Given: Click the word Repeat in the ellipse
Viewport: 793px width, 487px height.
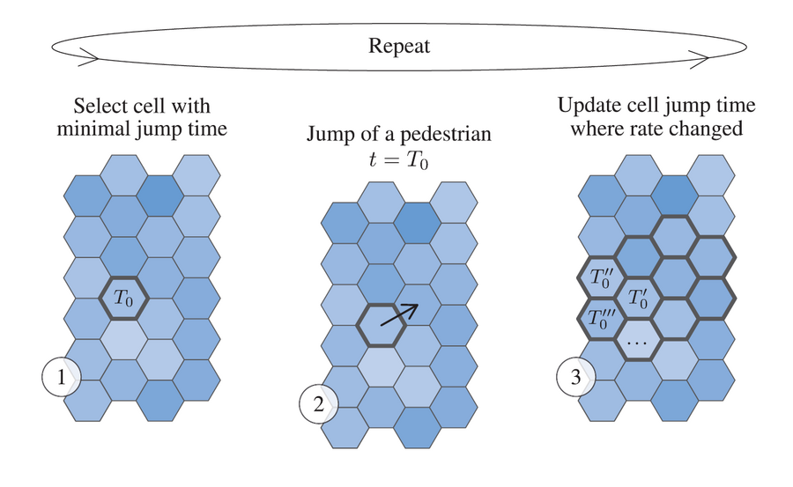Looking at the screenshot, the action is (x=399, y=46).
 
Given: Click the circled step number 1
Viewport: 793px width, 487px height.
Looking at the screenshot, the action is (x=61, y=377).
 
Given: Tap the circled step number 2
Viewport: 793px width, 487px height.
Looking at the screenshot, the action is (x=319, y=404).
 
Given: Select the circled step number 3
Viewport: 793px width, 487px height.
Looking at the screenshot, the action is (x=576, y=377).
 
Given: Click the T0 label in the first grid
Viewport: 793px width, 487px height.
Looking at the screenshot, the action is (x=123, y=298).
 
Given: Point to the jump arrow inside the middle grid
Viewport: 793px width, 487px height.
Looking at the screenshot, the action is (x=399, y=314).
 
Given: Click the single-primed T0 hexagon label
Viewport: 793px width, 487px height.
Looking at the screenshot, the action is (x=638, y=298).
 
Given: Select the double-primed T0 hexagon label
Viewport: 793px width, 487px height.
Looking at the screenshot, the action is (x=601, y=277).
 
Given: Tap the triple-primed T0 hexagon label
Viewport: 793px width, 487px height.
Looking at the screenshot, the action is (x=601, y=319).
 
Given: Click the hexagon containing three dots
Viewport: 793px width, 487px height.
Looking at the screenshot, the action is (x=637, y=339).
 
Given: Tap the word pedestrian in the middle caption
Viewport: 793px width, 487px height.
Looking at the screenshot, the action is (x=446, y=135).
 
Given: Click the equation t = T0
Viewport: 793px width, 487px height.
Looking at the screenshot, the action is (x=398, y=159).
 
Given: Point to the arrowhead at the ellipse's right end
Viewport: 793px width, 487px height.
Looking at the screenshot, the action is (x=700, y=60).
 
